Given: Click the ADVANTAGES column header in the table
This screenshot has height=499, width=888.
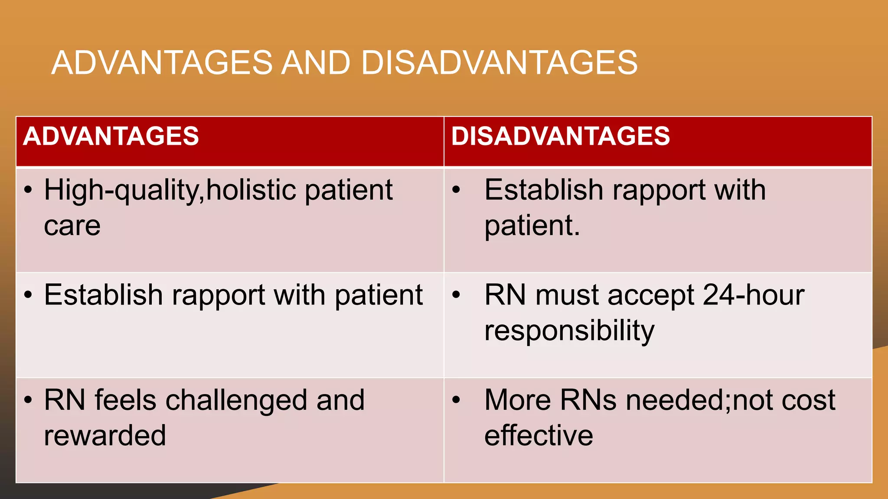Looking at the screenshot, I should pyautogui.click(x=111, y=136).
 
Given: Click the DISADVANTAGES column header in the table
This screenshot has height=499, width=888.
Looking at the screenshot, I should pyautogui.click(x=560, y=136).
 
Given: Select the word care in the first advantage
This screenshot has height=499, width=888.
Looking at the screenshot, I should pyautogui.click(x=72, y=226).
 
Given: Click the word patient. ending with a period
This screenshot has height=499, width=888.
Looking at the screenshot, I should pyautogui.click(x=532, y=226).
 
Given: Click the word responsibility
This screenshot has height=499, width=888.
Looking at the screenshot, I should pyautogui.click(x=569, y=331).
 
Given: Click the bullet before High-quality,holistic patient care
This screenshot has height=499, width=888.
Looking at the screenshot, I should pyautogui.click(x=28, y=190).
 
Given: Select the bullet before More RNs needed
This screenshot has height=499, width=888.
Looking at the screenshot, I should pyautogui.click(x=456, y=400).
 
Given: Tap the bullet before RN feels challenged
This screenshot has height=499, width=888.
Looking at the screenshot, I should pyautogui.click(x=28, y=400).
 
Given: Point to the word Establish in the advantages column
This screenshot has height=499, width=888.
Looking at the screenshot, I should pyautogui.click(x=103, y=295).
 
